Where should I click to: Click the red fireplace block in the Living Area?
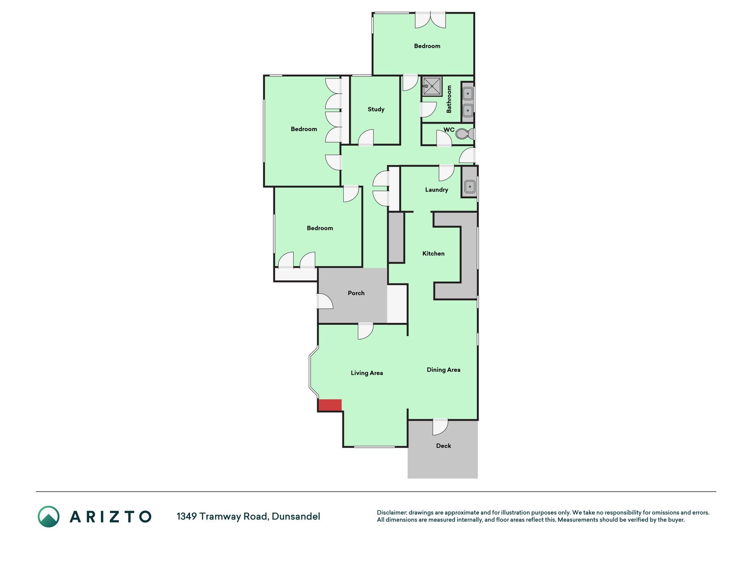330,405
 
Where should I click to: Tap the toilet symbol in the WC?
465,134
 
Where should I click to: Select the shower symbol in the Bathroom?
432,86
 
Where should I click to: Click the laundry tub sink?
470,187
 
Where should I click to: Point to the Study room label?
376,109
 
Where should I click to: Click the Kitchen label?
433,253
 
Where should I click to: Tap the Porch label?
356,293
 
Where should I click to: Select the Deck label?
443,446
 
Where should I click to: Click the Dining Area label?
443,370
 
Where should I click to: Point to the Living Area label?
367,373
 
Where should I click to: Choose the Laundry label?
436,190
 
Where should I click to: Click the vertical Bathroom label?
449,99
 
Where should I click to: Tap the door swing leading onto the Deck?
440,427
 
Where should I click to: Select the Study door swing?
366,137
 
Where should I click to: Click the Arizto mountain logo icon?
49,516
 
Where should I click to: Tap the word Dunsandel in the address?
296,516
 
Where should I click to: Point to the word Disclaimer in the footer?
392,512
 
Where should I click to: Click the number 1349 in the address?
187,516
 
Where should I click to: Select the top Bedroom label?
427,46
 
